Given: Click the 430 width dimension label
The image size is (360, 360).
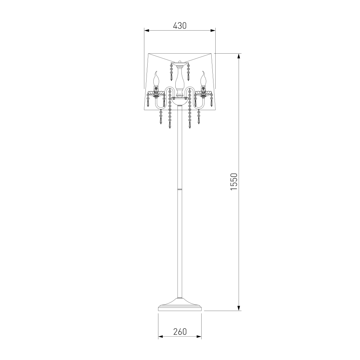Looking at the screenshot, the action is (x=180, y=26).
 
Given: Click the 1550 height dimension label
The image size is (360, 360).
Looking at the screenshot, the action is (x=234, y=181).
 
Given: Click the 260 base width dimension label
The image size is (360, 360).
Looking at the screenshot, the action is (x=180, y=332).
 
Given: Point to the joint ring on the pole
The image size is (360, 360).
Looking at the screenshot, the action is (x=180, y=189).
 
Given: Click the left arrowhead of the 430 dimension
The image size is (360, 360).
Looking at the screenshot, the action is (x=147, y=30).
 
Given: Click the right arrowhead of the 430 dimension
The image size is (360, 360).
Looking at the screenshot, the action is (x=213, y=30).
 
